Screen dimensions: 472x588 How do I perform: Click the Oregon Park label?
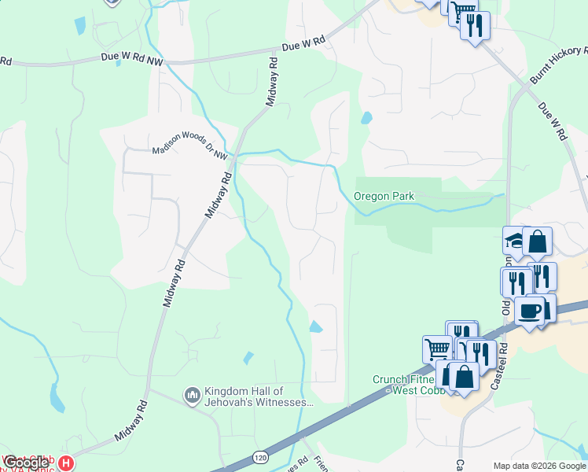384,196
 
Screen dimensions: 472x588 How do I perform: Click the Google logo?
25,463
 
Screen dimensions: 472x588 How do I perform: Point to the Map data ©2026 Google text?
539,465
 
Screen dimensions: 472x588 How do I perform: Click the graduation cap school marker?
514,239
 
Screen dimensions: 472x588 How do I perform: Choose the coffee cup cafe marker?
529,311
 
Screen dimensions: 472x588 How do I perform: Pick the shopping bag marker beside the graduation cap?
538,241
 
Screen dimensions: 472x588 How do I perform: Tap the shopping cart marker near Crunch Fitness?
437,348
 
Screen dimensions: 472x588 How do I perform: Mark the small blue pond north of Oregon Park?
366,119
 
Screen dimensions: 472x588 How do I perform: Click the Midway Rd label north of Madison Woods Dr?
272,79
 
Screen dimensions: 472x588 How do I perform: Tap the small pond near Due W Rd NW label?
79,25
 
